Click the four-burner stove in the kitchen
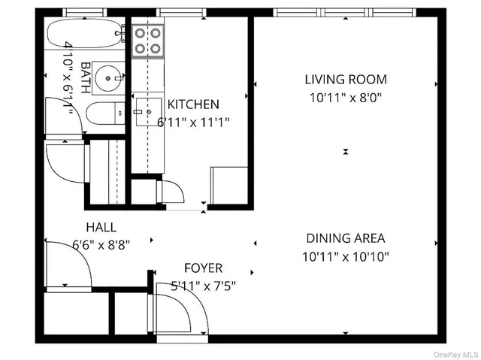click(148, 41)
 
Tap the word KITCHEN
click(193, 104)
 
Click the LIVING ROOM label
click(345, 79)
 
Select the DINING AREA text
click(345, 238)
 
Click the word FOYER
click(203, 268)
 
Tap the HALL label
click(101, 226)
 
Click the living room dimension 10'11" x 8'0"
click(345, 97)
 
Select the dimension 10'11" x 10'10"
click(345, 256)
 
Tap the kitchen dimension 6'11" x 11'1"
click(193, 122)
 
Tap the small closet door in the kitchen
click(171, 191)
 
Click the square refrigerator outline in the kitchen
click(228, 184)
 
